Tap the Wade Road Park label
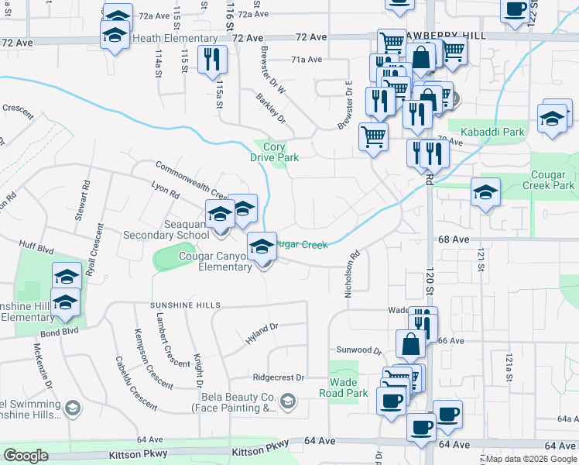click(343, 387)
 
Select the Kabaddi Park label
click(492, 132)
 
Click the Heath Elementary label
click(175, 38)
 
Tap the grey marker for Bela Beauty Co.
click(288, 401)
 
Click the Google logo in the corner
click(26, 456)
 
